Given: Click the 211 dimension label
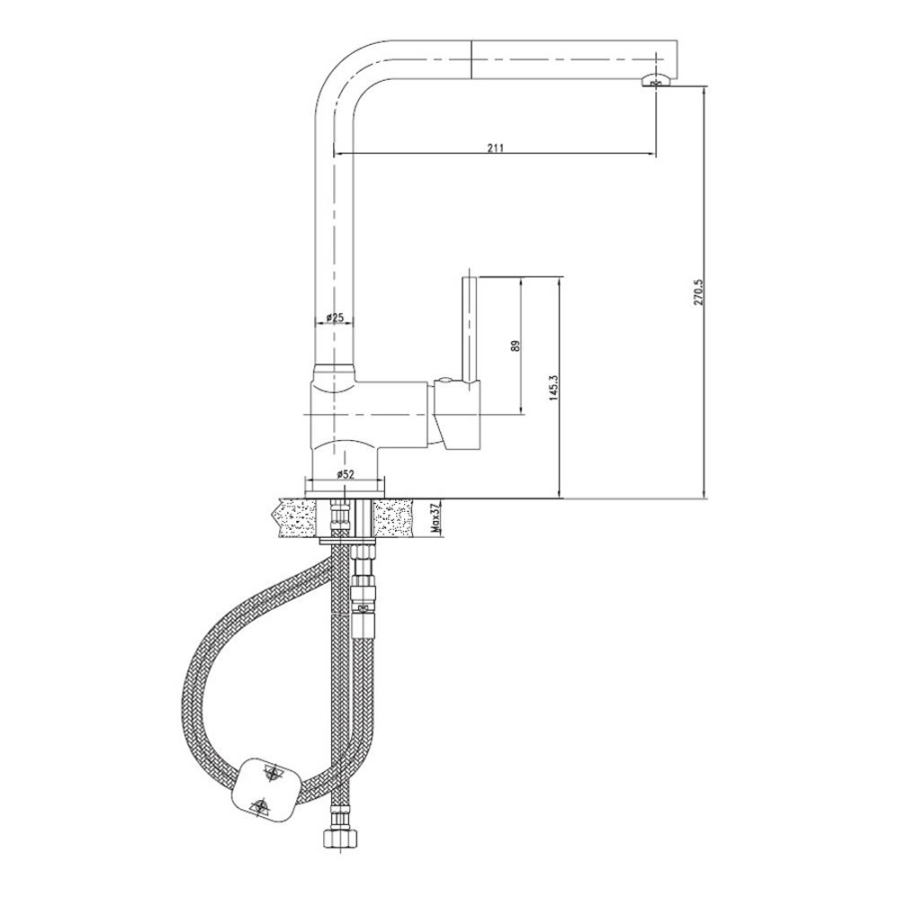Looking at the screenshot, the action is (495, 148).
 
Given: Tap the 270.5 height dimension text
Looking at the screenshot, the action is (697, 292).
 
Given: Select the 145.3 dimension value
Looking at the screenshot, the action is (553, 389).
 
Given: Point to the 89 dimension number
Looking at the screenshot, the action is (515, 345).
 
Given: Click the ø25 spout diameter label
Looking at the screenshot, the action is (334, 317).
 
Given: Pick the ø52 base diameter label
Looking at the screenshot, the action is (345, 474).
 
